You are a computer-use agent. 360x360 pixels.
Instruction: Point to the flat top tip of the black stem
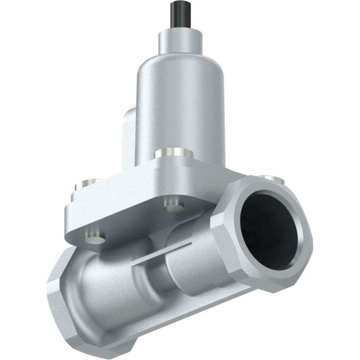(x=179, y=3)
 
